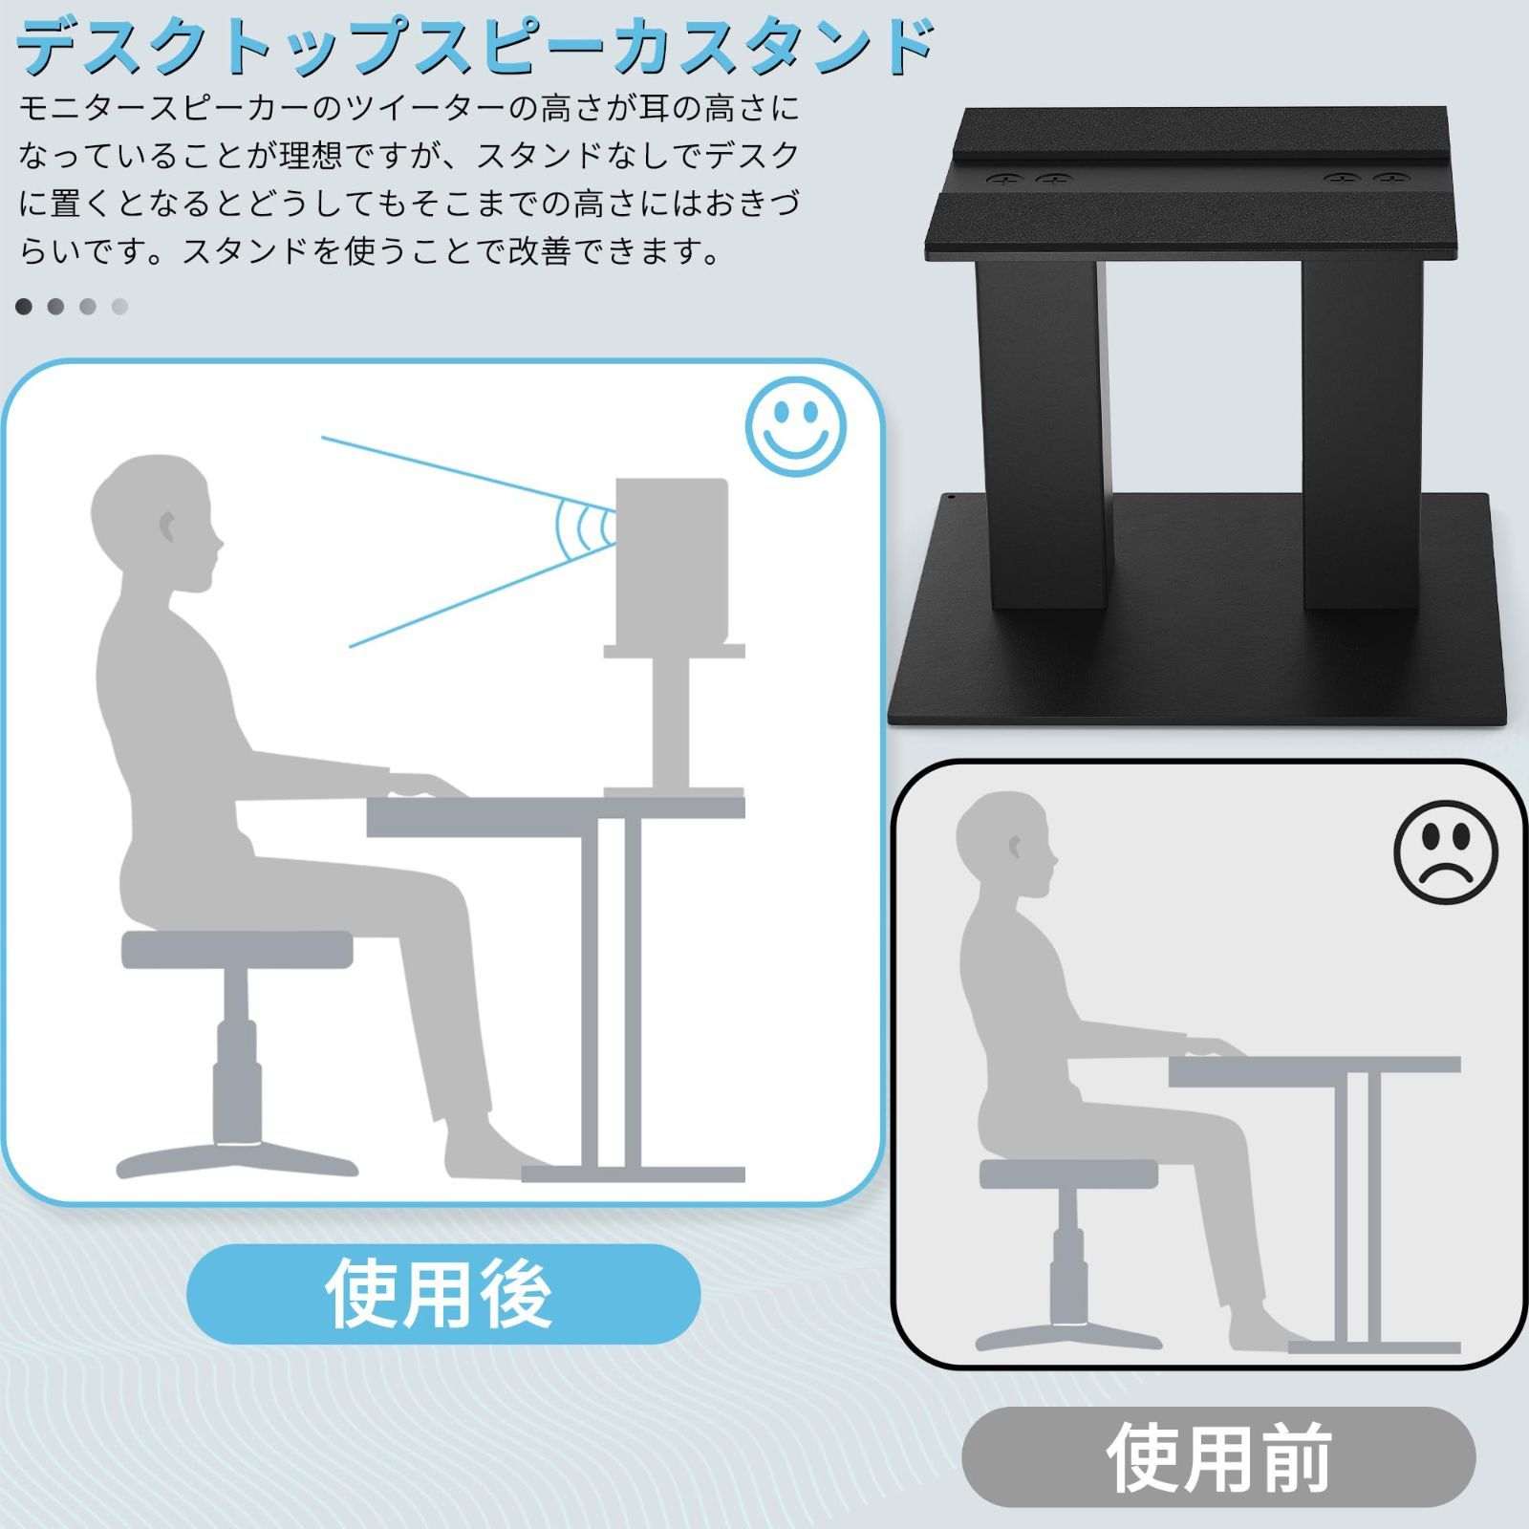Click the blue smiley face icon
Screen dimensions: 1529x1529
click(795, 426)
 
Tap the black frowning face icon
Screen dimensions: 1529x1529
click(1445, 851)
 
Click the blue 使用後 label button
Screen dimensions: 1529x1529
click(442, 1294)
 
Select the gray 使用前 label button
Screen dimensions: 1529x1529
click(1218, 1456)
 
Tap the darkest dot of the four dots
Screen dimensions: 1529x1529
click(24, 307)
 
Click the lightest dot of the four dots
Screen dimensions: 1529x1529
click(120, 307)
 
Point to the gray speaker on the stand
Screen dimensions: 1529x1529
click(672, 562)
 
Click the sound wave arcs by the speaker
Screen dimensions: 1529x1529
click(584, 528)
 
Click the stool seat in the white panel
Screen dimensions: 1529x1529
click(237, 949)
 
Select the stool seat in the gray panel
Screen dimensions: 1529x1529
click(1068, 1174)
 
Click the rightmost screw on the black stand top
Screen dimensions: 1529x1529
click(1390, 180)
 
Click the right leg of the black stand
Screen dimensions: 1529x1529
click(1361, 430)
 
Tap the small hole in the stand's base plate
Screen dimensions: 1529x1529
click(952, 498)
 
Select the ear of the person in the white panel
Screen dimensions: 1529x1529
click(167, 526)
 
